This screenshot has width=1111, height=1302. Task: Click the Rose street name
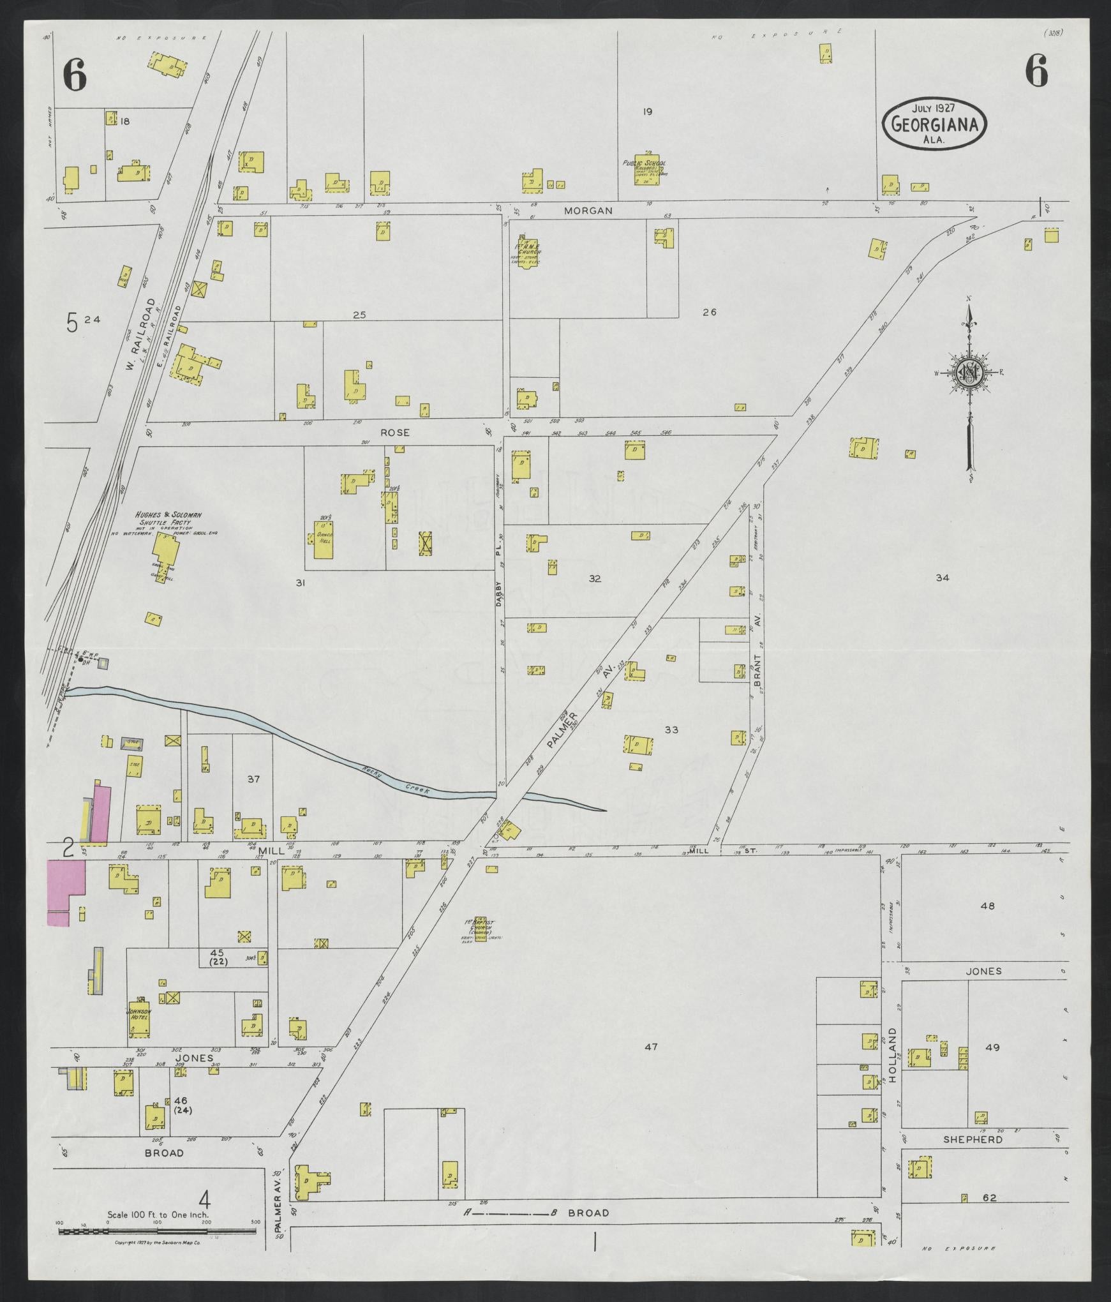click(394, 432)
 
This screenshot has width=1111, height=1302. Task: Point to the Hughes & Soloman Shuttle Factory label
click(160, 520)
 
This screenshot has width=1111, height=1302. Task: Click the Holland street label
click(892, 1063)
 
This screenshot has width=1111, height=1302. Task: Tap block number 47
click(650, 1047)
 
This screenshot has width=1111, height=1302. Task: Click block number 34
click(943, 578)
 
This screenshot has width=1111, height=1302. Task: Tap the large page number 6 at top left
click(75, 77)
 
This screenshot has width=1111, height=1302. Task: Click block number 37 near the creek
click(254, 779)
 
